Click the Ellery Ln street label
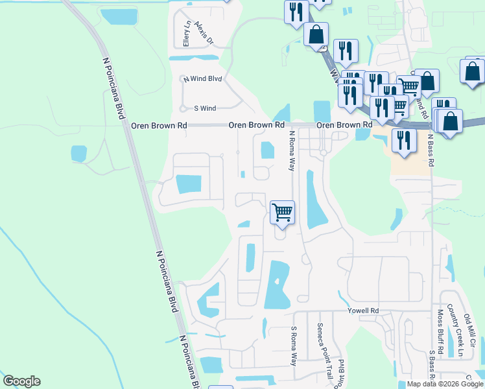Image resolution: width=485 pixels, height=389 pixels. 186,34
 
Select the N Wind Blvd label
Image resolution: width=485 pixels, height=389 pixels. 202,78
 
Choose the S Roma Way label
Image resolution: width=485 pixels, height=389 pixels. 293,345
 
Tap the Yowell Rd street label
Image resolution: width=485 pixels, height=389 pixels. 362,311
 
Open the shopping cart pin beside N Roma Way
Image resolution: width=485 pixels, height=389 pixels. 282,213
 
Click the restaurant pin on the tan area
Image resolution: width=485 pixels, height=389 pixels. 405,140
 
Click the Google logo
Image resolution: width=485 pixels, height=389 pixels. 21,381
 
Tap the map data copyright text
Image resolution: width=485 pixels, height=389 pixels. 444,384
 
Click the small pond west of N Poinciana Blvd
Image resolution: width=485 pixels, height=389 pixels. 78,154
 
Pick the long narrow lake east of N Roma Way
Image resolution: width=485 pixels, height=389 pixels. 315,201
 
